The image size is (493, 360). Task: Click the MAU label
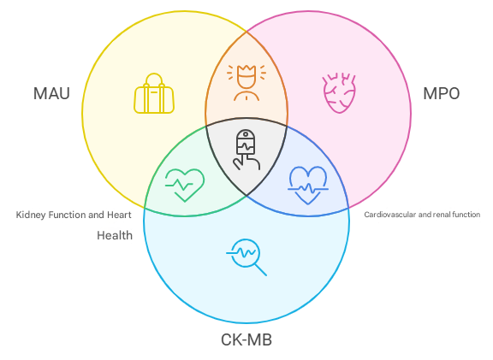[x=51, y=93]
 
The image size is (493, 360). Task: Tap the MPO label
[x=442, y=93]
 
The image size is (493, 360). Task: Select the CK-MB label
[x=246, y=339]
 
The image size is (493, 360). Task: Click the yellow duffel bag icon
[x=154, y=93]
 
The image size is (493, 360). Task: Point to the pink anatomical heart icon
[x=339, y=93]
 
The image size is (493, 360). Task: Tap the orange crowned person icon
[x=246, y=83]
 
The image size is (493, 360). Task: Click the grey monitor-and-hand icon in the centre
[x=246, y=150]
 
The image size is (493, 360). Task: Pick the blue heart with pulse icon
[x=308, y=186]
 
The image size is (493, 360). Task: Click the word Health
[x=115, y=236]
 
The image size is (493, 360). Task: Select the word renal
[x=441, y=215]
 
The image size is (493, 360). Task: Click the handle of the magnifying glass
[x=261, y=270]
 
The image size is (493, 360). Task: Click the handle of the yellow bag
[x=154, y=80]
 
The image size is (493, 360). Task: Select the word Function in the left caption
[x=68, y=215]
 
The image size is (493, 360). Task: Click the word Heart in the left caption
[x=119, y=215]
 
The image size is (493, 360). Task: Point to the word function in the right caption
[x=466, y=215]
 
